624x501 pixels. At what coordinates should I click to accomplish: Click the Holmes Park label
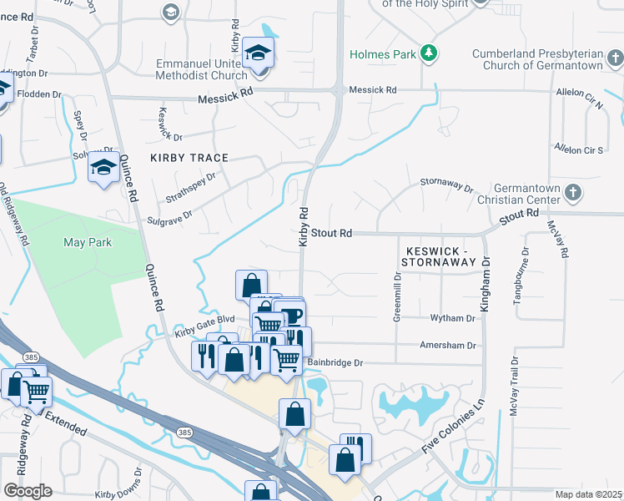[x=382, y=55]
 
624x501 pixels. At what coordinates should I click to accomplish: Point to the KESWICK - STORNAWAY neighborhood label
[x=440, y=256]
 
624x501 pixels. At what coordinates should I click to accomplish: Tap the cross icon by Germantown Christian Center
[x=572, y=193]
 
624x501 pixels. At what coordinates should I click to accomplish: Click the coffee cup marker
[x=291, y=316]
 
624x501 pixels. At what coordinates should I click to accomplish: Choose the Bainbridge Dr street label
[x=336, y=363]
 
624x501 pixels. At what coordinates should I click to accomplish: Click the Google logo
[x=28, y=491]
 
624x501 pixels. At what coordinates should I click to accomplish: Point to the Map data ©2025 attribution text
[x=588, y=494]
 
